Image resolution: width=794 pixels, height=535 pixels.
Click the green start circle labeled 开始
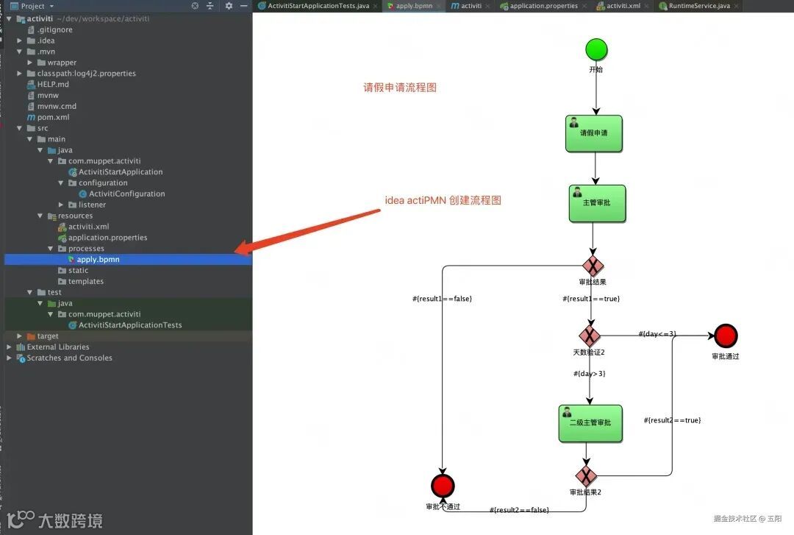point(596,50)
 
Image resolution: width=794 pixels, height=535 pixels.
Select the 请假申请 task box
point(594,134)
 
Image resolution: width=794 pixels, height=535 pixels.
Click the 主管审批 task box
point(597,203)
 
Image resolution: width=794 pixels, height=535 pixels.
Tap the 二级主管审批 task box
point(590,423)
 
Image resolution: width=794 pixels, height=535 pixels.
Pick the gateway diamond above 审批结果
point(593,266)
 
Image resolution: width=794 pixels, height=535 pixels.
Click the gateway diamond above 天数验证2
point(590,336)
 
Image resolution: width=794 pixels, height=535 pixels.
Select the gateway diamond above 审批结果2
point(586,475)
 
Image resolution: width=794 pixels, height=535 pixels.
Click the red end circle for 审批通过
point(725,336)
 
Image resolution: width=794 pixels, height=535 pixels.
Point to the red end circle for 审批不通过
point(443,486)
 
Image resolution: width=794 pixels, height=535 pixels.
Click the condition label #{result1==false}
point(442,299)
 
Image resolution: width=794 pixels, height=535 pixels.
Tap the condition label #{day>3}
point(590,374)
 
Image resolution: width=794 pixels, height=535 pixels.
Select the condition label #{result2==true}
point(673,420)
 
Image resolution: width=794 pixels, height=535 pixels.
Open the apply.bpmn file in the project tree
point(98,259)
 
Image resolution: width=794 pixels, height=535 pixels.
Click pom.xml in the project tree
point(53,117)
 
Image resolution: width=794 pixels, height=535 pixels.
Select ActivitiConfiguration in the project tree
point(126,194)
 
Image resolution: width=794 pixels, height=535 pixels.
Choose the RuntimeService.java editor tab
point(698,6)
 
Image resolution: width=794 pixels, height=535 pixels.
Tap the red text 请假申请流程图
point(400,88)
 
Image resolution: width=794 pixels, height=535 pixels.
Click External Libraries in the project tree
point(57,347)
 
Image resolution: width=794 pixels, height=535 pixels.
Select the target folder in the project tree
point(47,336)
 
